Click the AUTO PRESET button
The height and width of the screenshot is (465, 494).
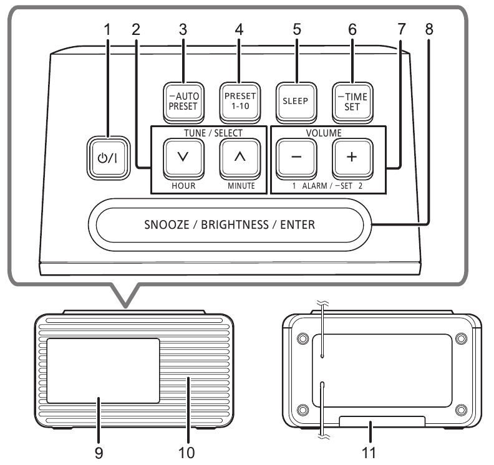(x=182, y=100)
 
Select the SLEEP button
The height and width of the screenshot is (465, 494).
(x=294, y=100)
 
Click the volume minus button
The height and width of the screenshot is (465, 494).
(x=294, y=160)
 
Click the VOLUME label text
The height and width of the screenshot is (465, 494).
(x=321, y=133)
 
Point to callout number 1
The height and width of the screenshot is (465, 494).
(x=107, y=29)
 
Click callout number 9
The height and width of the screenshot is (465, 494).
(x=99, y=453)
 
